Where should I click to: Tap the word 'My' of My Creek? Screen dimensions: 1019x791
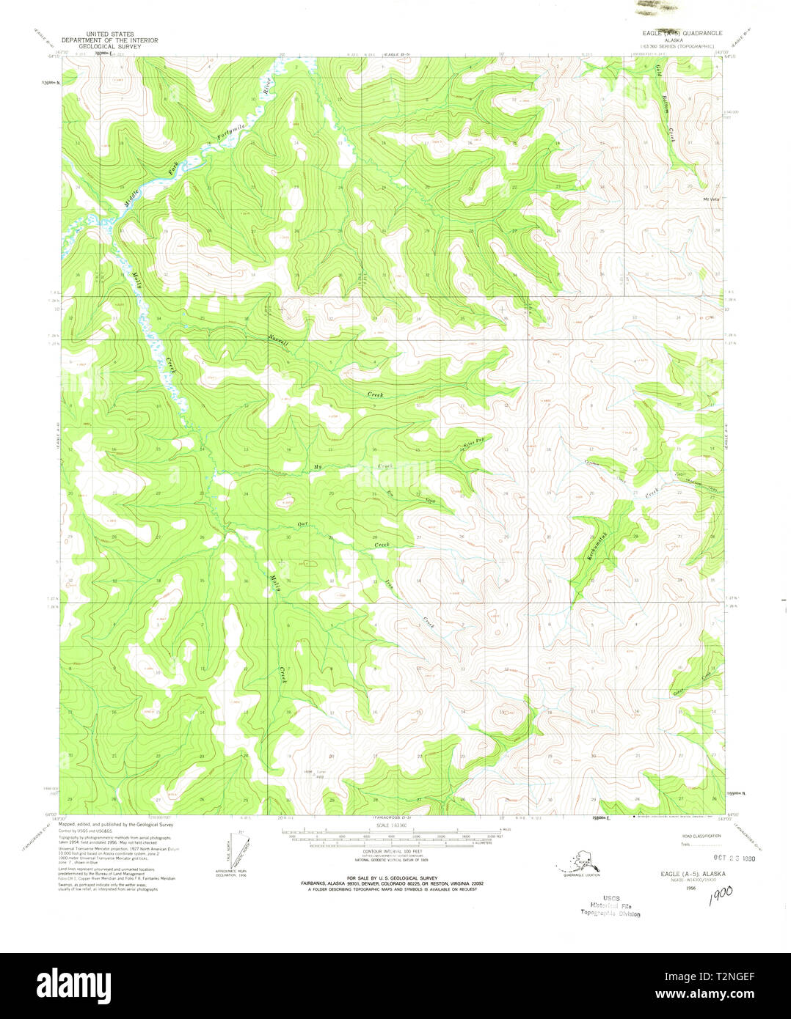(x=318, y=466)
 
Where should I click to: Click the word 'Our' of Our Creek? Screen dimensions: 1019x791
(x=301, y=523)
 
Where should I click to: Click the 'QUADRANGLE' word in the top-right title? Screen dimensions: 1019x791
(x=702, y=33)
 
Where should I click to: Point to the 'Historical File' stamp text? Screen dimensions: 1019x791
(x=610, y=905)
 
